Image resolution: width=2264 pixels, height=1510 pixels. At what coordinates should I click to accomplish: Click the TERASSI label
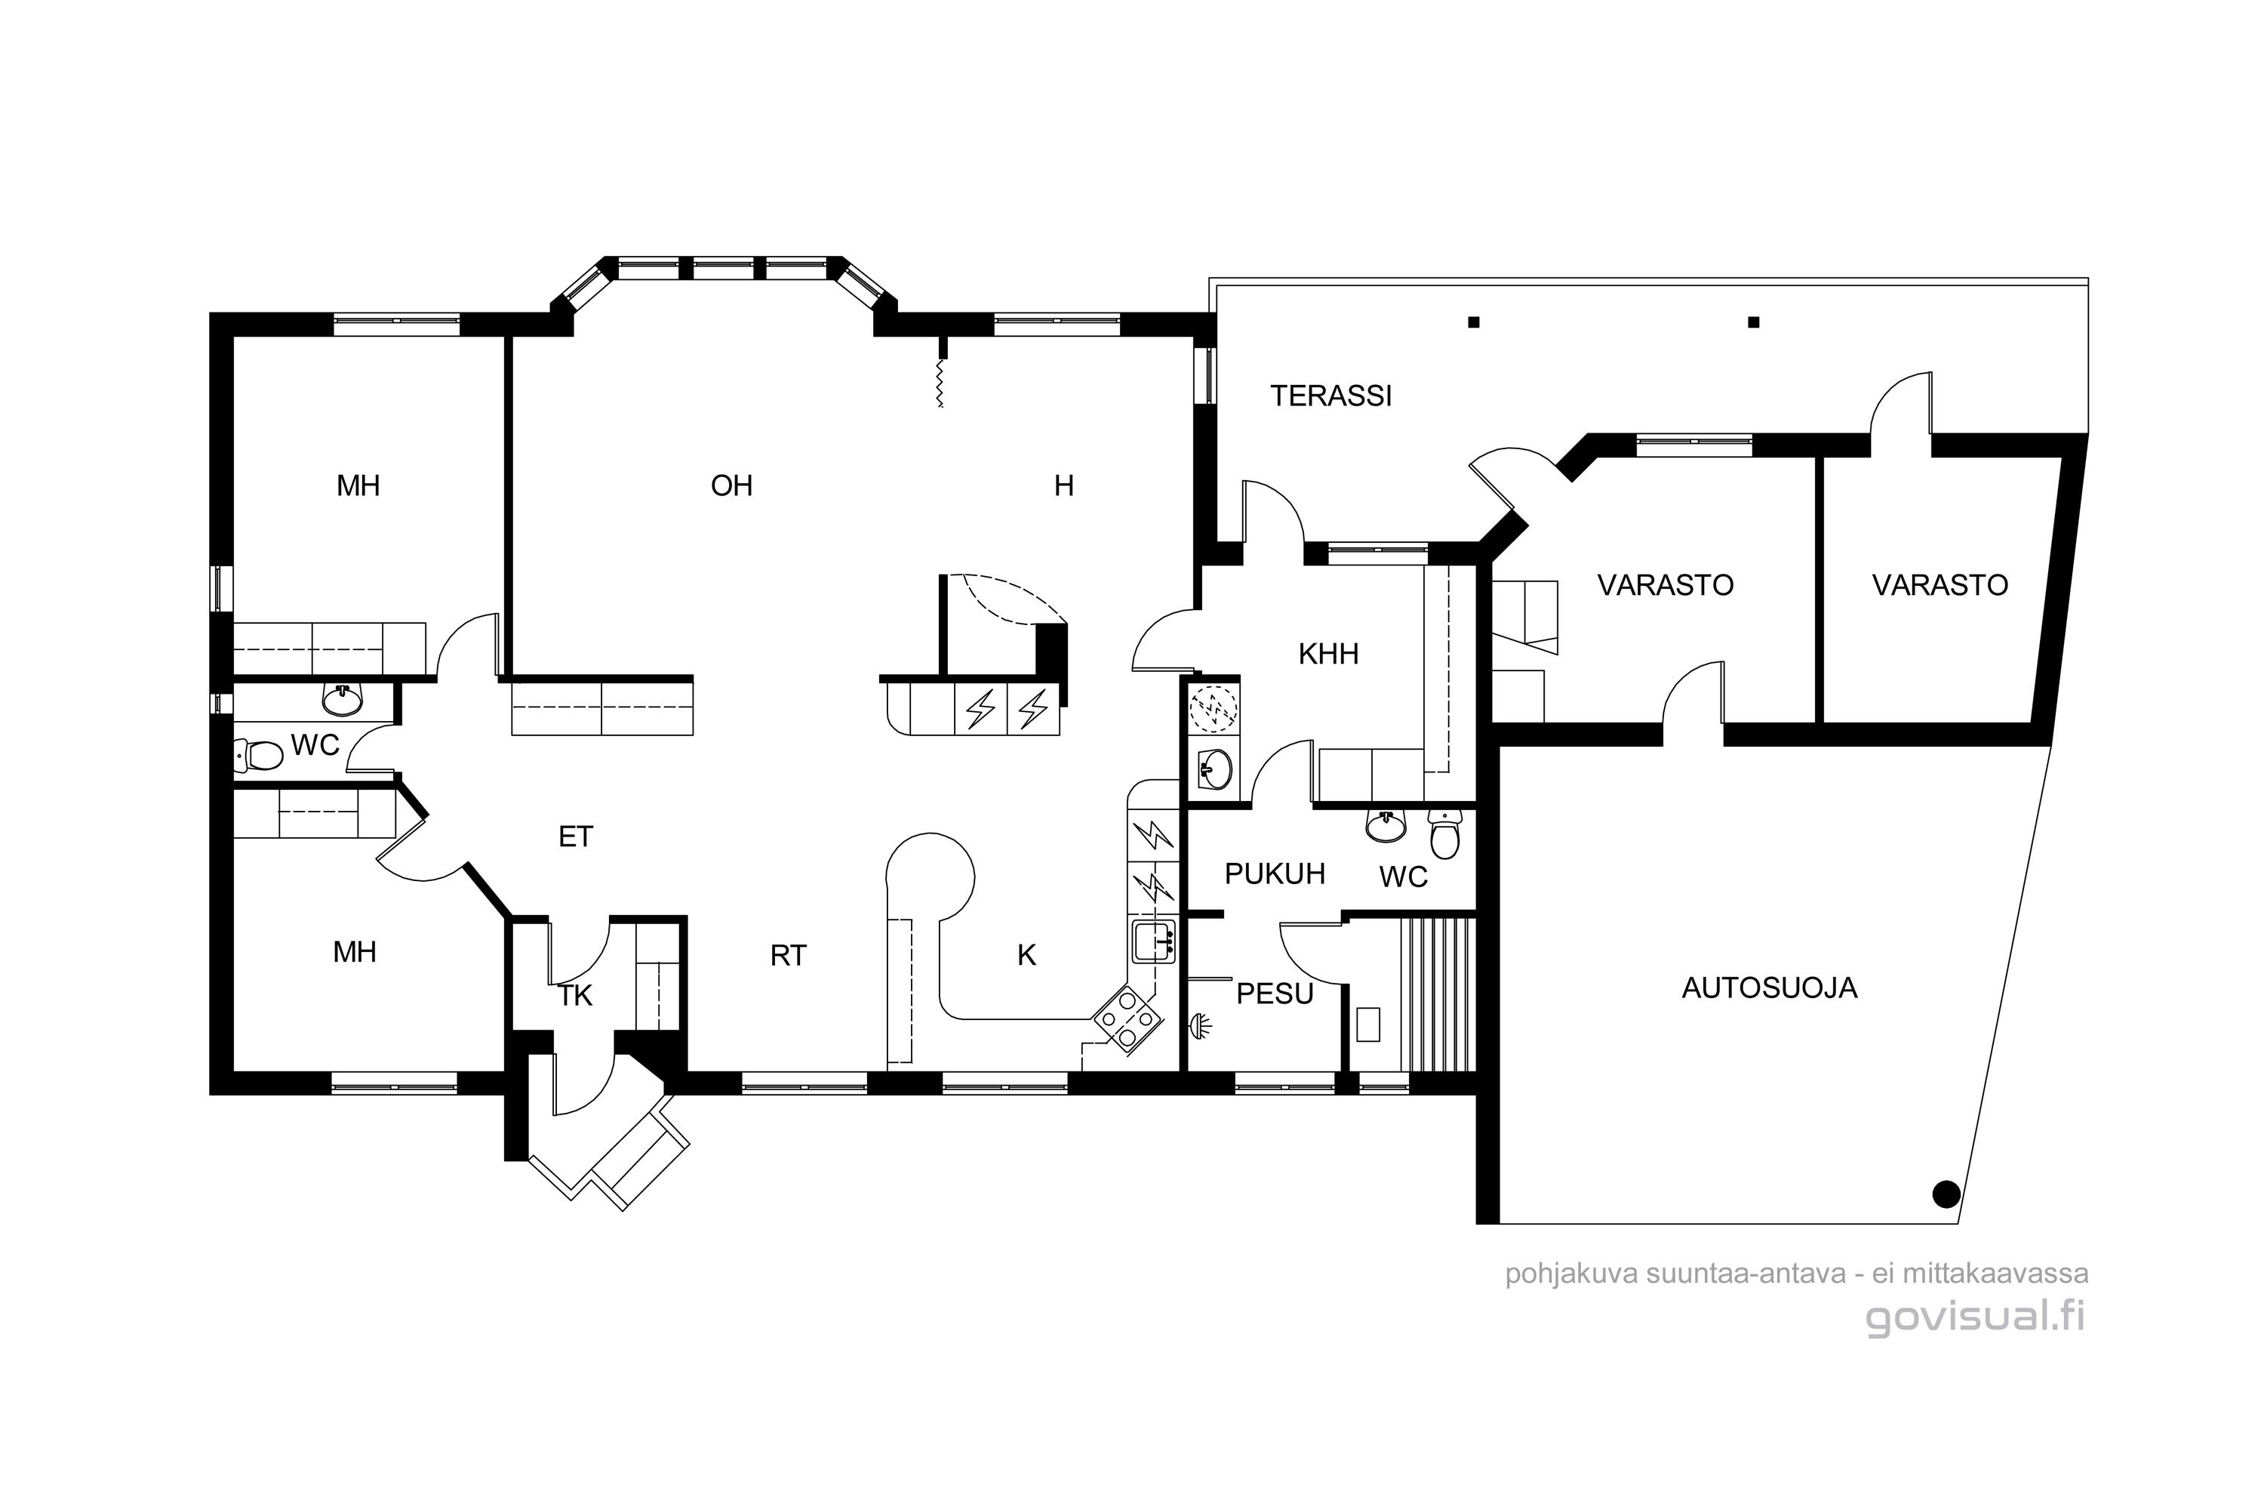(1330, 396)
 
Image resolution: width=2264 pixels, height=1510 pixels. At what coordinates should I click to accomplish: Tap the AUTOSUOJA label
(1769, 988)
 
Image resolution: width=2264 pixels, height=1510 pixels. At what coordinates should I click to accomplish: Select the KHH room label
(1328, 654)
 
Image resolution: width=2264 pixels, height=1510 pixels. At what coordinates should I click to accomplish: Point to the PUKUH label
(1275, 874)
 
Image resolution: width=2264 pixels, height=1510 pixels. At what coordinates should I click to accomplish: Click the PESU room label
(1275, 994)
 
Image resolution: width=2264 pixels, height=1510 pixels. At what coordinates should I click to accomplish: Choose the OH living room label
(731, 485)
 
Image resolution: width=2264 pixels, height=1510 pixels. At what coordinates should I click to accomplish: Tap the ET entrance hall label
(576, 837)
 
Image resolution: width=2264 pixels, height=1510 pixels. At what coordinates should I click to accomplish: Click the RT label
(789, 955)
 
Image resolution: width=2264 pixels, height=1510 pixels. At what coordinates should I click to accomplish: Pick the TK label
(576, 996)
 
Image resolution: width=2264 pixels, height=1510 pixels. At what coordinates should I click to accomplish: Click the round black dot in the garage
(1946, 1194)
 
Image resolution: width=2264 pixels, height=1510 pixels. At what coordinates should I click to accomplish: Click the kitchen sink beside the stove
(1153, 941)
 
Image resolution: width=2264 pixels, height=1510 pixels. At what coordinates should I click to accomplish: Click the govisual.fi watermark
(1976, 1317)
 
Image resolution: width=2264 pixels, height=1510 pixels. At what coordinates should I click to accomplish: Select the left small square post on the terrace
(1473, 322)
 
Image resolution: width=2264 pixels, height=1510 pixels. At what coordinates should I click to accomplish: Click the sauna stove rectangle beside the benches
(1367, 1024)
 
